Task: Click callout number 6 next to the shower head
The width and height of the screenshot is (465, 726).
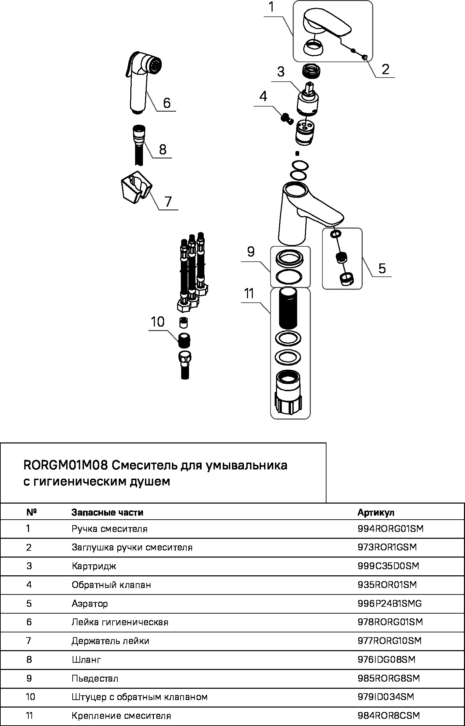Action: click(166, 103)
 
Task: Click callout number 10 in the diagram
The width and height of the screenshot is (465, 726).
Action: click(158, 322)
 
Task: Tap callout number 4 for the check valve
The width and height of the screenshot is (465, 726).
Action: click(263, 97)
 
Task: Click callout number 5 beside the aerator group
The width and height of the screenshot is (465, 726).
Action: click(382, 268)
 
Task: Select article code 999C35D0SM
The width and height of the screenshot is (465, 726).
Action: click(388, 566)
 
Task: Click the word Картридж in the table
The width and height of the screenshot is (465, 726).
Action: click(94, 566)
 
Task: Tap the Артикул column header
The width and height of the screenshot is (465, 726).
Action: click(376, 512)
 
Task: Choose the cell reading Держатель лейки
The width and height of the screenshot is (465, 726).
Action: click(110, 641)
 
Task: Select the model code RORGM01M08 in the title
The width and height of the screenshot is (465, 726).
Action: click(66, 465)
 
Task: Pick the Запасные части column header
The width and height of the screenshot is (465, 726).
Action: click(107, 512)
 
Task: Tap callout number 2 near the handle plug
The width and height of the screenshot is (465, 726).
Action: click(386, 69)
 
